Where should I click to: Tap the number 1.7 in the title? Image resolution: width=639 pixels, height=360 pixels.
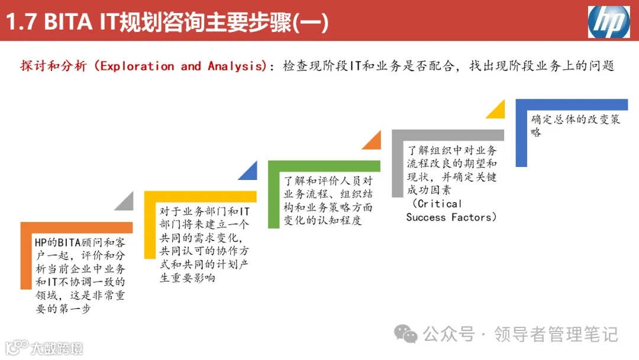[22, 22]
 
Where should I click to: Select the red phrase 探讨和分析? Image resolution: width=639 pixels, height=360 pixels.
[53, 66]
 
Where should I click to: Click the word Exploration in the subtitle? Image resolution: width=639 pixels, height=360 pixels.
[137, 66]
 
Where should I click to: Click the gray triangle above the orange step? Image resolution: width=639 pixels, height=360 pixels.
[125, 202]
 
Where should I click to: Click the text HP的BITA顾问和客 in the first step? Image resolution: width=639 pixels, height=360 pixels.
[80, 242]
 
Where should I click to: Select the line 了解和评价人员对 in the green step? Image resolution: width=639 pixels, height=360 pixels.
[328, 181]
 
